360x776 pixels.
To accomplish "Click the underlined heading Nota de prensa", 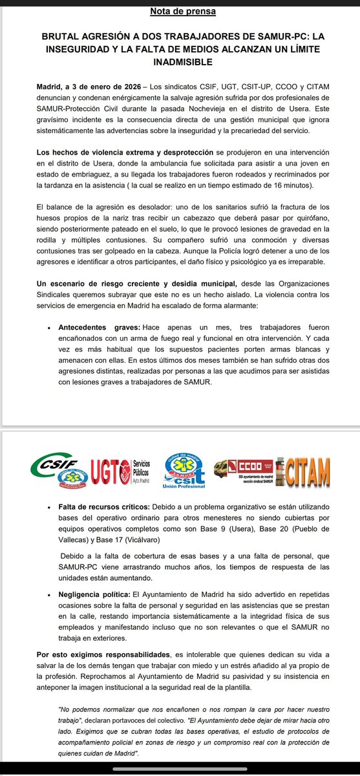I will click(x=183, y=11).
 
